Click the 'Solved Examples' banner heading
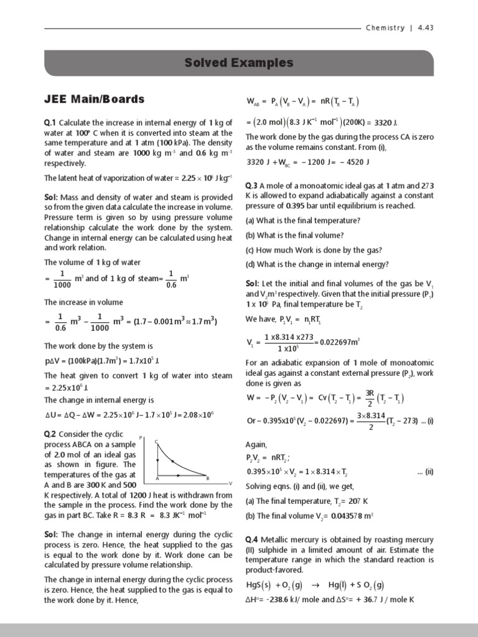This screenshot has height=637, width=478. pos(239,63)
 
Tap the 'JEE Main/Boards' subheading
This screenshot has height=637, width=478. pos(94,99)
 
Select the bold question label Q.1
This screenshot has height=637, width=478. pos(50,123)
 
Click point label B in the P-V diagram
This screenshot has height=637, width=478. pos(207,478)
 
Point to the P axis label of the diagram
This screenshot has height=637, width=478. pos(141,438)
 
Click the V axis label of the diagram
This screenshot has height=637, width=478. pos(230,483)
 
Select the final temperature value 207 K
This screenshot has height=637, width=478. pos(354,501)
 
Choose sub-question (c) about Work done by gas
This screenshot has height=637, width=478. pos(314,250)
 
